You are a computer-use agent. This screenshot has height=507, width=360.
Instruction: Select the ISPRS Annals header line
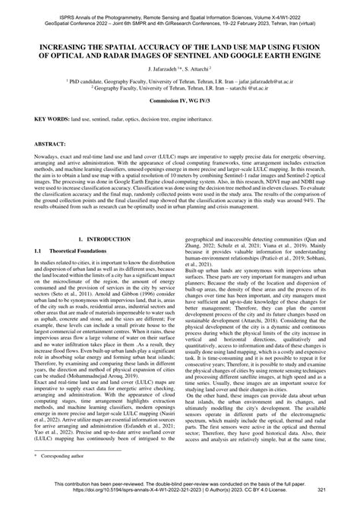pyautogui.click(x=180, y=5)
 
